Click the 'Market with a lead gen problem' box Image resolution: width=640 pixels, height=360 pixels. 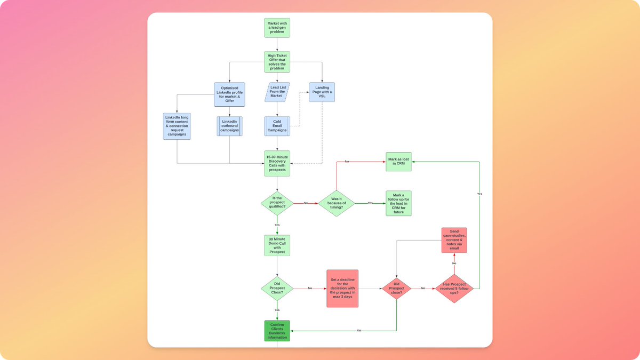(x=277, y=28)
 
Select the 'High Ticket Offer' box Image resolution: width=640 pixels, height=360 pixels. (x=277, y=62)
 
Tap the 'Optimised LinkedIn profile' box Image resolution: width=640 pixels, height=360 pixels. (x=229, y=94)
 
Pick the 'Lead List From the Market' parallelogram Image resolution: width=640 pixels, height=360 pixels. (x=277, y=92)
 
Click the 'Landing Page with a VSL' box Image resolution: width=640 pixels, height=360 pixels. (x=322, y=92)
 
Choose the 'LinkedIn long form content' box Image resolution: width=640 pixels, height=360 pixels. (x=177, y=126)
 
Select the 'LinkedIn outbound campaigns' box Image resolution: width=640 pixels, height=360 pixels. (x=229, y=126)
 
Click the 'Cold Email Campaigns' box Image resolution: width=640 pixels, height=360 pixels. (x=277, y=126)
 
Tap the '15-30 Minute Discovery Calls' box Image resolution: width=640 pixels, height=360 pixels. (x=277, y=163)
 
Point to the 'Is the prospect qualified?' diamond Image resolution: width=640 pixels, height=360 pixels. (x=277, y=203)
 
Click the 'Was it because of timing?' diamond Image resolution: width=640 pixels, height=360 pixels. (x=337, y=203)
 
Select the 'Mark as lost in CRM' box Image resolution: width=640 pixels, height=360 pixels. (x=398, y=162)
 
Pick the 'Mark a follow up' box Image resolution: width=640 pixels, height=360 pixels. (x=398, y=203)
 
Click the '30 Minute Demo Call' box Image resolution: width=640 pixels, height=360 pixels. (x=277, y=245)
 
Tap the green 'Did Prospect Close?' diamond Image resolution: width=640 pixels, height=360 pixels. (x=277, y=289)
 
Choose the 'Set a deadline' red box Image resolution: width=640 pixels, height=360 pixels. (x=342, y=289)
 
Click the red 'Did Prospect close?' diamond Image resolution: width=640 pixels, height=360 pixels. (x=396, y=289)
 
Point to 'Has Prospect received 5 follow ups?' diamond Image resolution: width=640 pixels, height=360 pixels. (x=454, y=289)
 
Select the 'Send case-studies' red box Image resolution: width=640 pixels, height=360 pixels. (x=454, y=240)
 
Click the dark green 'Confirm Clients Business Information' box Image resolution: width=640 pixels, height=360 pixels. (x=277, y=331)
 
